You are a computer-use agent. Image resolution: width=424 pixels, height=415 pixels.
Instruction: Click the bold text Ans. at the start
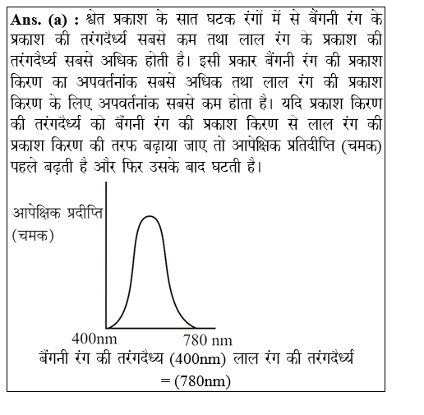[30, 18]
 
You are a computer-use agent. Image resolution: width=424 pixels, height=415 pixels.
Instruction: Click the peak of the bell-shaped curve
[149, 217]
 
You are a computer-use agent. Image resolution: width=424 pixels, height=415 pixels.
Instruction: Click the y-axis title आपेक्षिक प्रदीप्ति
[58, 214]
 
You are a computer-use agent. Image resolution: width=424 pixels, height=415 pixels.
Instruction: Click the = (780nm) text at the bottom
[196, 381]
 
